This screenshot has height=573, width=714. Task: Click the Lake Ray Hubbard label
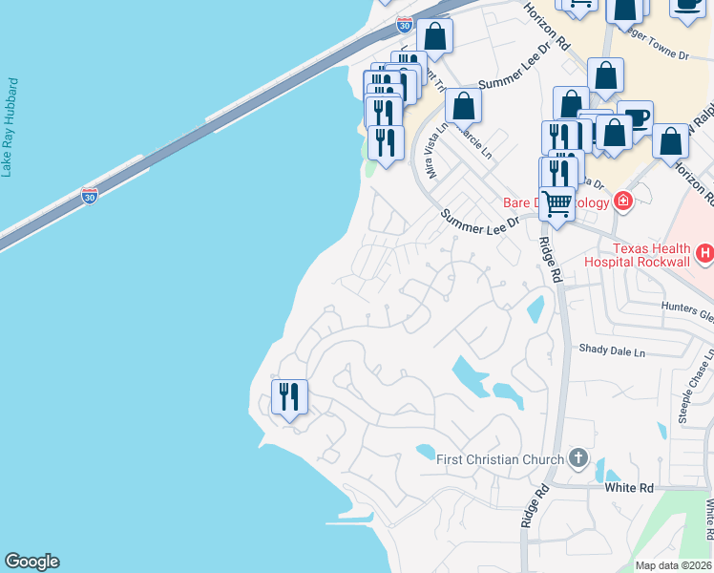[10, 127]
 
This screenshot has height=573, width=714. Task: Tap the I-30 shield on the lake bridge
[90, 197]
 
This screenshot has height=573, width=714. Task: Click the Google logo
[31, 562]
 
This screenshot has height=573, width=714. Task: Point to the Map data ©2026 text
[673, 565]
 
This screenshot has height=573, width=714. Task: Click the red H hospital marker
[705, 253]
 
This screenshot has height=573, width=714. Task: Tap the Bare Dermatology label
[556, 202]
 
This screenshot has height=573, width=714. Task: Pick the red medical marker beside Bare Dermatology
[623, 201]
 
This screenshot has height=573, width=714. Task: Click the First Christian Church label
[499, 459]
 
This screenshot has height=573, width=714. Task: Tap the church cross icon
[577, 458]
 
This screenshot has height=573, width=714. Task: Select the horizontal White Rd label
[629, 487]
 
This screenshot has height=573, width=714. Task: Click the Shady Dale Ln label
[612, 351]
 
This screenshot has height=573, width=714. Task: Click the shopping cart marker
[556, 202]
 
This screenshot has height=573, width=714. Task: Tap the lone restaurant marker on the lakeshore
[288, 394]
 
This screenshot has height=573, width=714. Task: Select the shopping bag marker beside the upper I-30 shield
[434, 36]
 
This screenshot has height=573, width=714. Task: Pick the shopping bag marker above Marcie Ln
[463, 105]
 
